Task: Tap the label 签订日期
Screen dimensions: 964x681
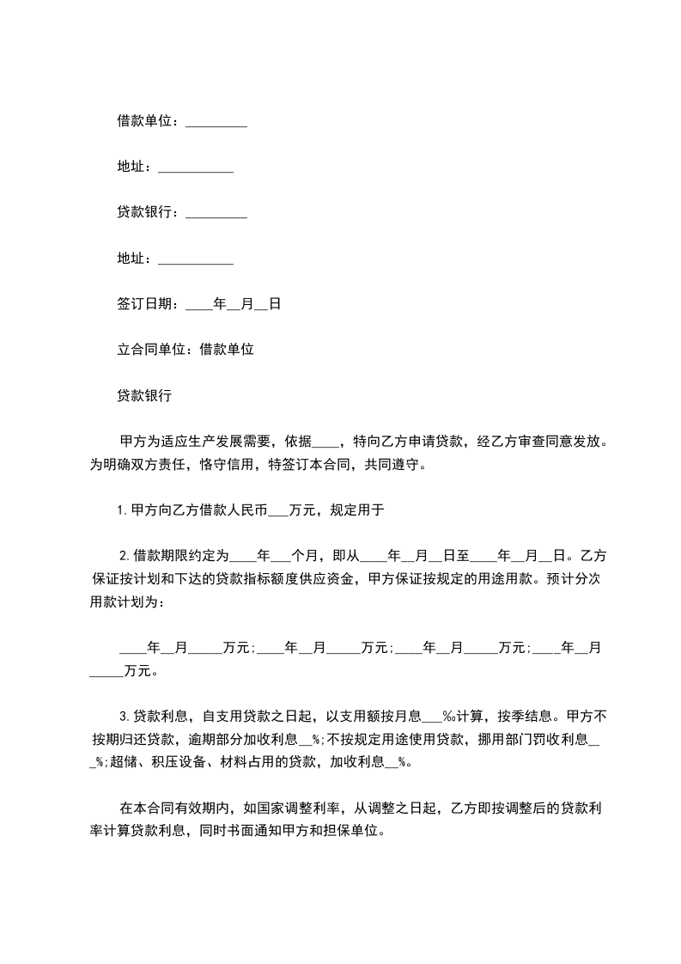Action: coord(144,304)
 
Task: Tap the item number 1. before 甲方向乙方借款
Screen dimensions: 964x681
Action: coord(122,510)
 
